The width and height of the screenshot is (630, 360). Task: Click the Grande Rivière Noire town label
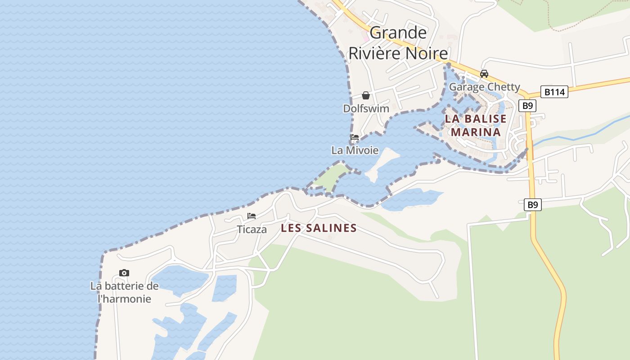click(398, 43)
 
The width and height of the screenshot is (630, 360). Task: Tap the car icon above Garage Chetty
click(484, 74)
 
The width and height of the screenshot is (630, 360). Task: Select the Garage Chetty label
click(484, 87)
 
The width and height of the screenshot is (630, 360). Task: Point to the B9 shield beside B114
click(527, 106)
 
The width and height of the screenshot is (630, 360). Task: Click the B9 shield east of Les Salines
click(532, 205)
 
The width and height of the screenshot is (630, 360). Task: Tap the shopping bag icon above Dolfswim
click(366, 95)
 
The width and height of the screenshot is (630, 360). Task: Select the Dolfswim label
click(366, 108)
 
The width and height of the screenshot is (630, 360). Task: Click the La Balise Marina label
click(476, 126)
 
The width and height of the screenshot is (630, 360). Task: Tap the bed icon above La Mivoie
click(355, 137)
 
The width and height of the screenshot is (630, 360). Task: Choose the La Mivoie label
click(355, 150)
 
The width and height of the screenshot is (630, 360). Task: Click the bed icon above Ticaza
click(252, 216)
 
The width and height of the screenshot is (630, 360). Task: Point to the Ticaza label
click(252, 229)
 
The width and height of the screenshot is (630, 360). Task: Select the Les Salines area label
click(319, 228)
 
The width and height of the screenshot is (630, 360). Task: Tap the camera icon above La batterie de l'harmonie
click(124, 273)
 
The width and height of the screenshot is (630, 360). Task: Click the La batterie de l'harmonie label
click(124, 292)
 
